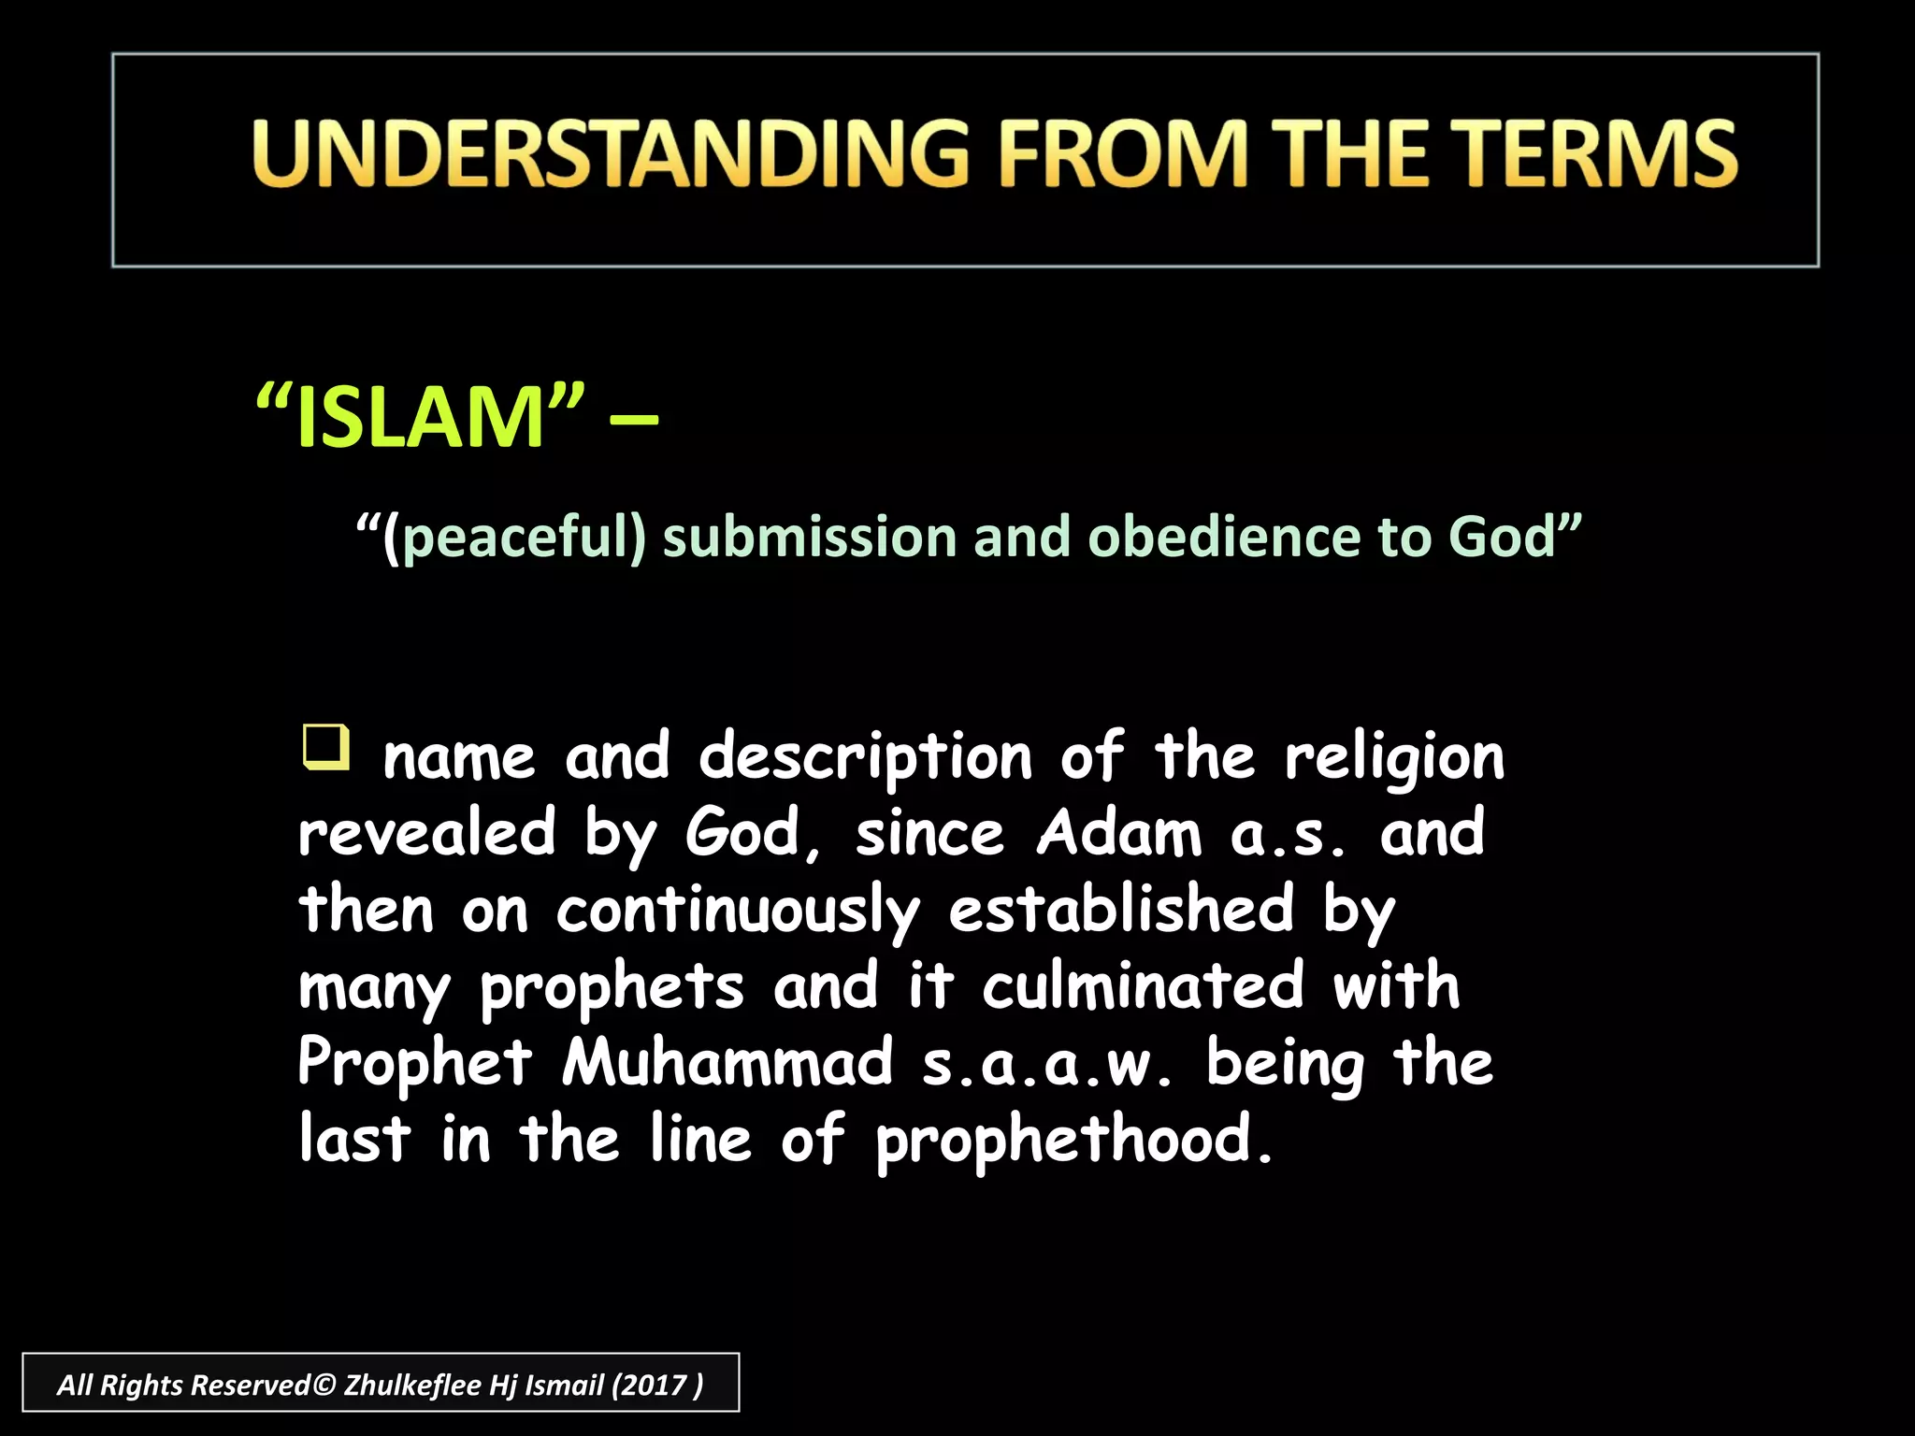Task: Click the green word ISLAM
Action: tap(420, 418)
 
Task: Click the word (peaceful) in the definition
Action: tap(514, 538)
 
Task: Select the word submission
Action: tap(810, 538)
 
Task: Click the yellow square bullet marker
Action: tap(325, 747)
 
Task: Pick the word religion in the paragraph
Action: tap(1394, 757)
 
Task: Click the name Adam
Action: tap(1119, 833)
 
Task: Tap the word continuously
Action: tap(738, 912)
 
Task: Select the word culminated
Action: tap(1143, 986)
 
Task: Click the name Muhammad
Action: tap(727, 1064)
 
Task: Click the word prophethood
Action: tap(1073, 1142)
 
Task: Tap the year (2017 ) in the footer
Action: tap(656, 1385)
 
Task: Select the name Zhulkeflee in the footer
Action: tap(412, 1385)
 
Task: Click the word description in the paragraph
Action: tap(866, 757)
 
